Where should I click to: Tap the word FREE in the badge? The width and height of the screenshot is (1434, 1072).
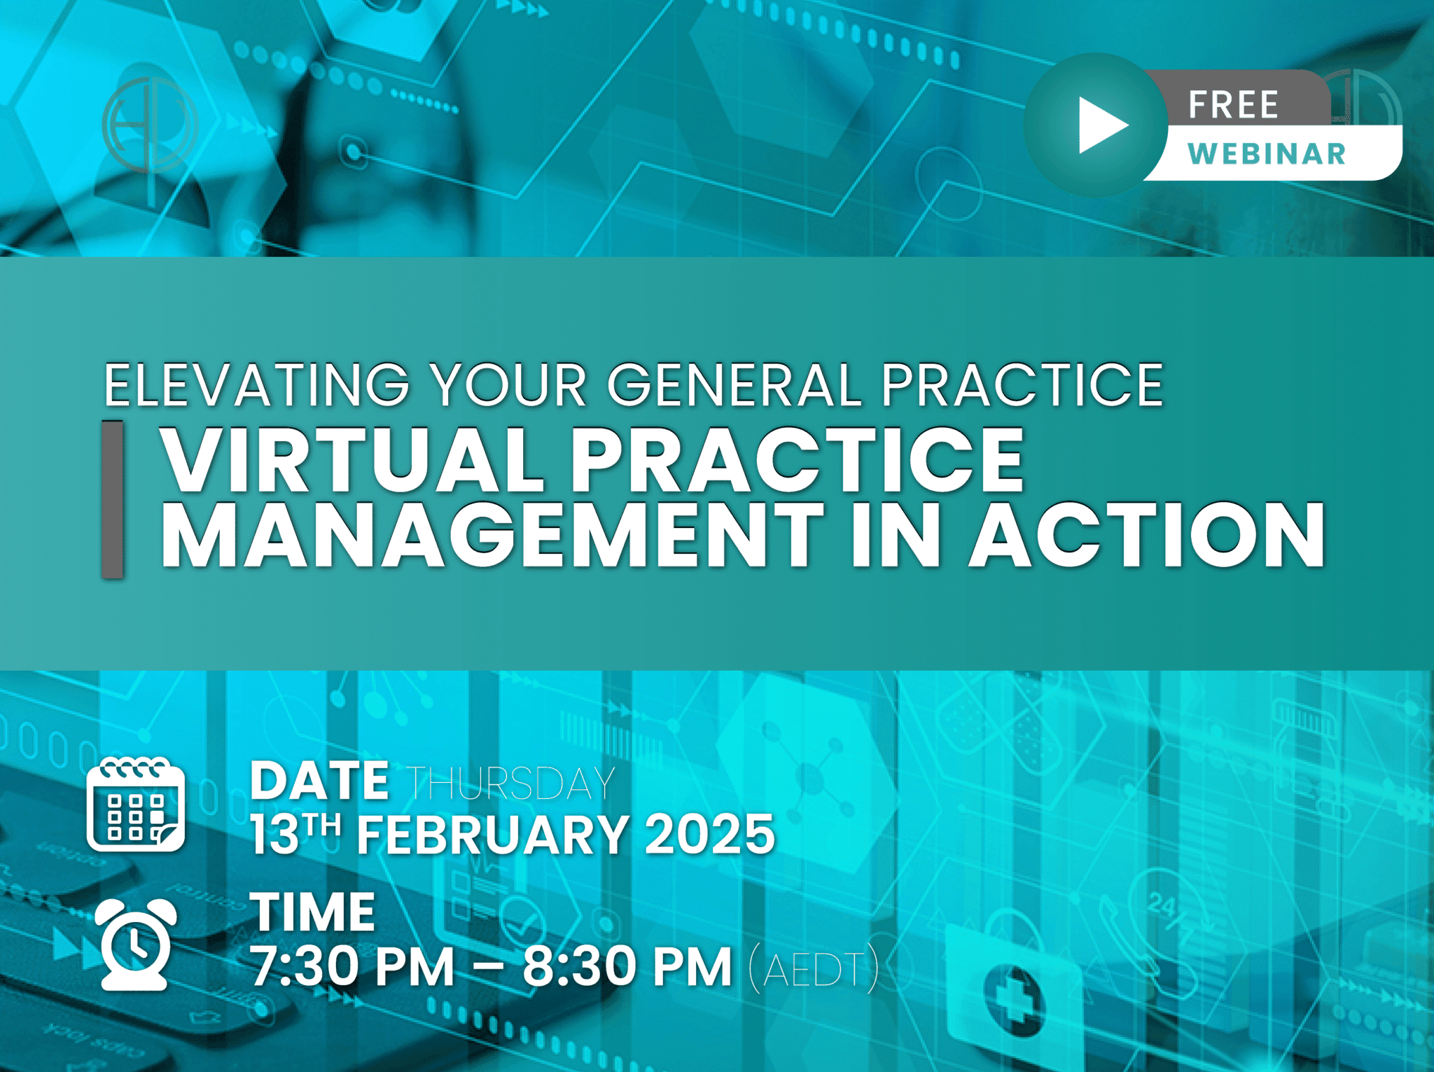1234,105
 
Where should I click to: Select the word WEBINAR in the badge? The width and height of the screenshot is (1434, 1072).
1267,153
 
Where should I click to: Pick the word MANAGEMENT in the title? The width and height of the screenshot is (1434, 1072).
493,534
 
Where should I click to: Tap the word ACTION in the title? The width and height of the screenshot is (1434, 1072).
1147,534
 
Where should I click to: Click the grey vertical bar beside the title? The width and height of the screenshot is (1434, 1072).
112,499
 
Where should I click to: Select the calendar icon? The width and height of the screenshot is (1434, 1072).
136,805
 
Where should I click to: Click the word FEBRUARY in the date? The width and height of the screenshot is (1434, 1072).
493,835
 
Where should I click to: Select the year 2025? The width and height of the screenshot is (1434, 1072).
710,835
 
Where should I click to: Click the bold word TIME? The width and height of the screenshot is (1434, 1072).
313,912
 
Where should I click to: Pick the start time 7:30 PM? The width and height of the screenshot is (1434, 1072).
353,966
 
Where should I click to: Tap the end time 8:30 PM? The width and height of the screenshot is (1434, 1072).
627,966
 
